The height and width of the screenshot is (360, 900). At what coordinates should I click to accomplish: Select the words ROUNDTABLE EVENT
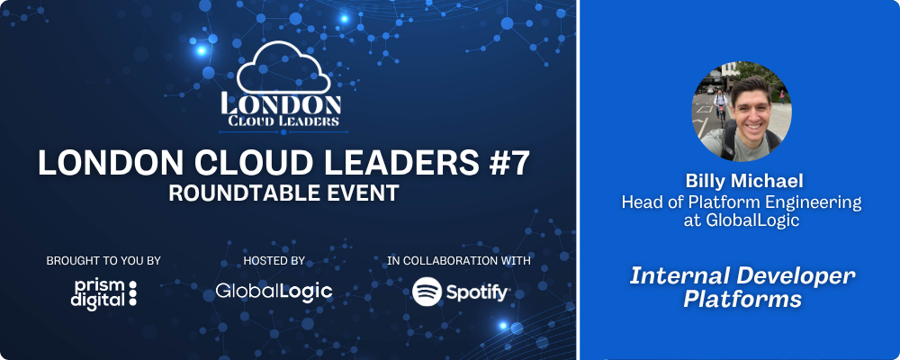283,193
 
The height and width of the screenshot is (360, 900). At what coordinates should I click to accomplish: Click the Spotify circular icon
427,292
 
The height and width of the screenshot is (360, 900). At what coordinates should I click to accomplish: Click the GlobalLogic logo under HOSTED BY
274,291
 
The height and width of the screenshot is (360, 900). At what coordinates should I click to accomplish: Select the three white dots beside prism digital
133,292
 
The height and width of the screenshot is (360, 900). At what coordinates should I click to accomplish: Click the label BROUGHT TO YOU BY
103,261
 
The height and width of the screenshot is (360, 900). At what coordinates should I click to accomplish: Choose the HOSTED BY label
274,261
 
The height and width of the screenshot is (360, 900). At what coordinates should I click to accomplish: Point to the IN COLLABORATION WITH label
459,261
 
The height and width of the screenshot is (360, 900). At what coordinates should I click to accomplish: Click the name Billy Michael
744,182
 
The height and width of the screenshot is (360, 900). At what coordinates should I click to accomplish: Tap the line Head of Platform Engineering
742,202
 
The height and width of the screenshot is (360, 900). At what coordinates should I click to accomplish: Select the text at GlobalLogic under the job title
742,220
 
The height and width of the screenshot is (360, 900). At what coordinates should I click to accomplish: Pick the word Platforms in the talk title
742,300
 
